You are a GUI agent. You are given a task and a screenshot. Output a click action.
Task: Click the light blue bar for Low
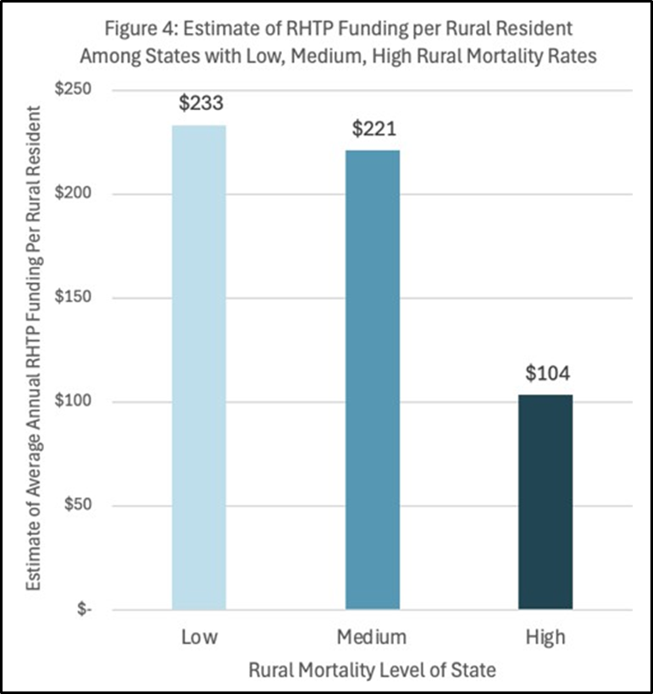point(198,367)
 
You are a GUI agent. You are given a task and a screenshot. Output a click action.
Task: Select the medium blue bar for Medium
point(372,380)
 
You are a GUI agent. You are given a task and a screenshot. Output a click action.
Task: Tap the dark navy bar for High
point(545,502)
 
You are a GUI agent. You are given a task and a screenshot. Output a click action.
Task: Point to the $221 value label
point(373,130)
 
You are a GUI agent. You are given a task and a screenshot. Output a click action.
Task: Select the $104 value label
point(546,374)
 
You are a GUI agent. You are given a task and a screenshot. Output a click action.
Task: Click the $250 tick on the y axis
point(74,90)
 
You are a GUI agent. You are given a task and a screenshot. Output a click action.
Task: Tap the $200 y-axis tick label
point(74,194)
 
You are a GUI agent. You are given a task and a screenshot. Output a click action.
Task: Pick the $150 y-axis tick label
point(74,298)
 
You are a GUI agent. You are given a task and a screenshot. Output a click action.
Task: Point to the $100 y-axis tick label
point(74,402)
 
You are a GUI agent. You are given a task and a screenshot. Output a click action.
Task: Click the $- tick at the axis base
point(83,610)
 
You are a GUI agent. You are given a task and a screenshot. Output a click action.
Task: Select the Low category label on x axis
point(198,636)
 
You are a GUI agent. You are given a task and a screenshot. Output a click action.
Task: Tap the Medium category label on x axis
point(372,636)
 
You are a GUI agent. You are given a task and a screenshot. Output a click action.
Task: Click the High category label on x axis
point(545,636)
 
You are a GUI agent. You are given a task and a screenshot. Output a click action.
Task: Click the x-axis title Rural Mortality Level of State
point(372,669)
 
